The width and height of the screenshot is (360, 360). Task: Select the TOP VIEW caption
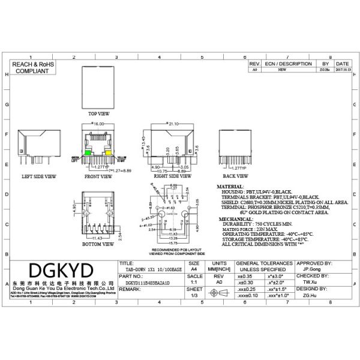coord(99,113)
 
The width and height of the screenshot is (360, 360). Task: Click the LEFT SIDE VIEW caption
coord(39,177)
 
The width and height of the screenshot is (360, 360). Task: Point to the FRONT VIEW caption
coord(98,177)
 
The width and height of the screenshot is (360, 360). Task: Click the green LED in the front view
coord(88,154)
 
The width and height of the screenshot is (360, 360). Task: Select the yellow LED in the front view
coord(109,154)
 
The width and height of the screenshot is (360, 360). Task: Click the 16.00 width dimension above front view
coord(98,124)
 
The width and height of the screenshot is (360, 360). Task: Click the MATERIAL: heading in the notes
coord(230,187)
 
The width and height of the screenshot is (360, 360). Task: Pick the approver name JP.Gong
coord(310,269)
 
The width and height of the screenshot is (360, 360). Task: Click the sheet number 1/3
coord(194,295)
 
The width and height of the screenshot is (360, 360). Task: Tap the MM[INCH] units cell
coord(220,269)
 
